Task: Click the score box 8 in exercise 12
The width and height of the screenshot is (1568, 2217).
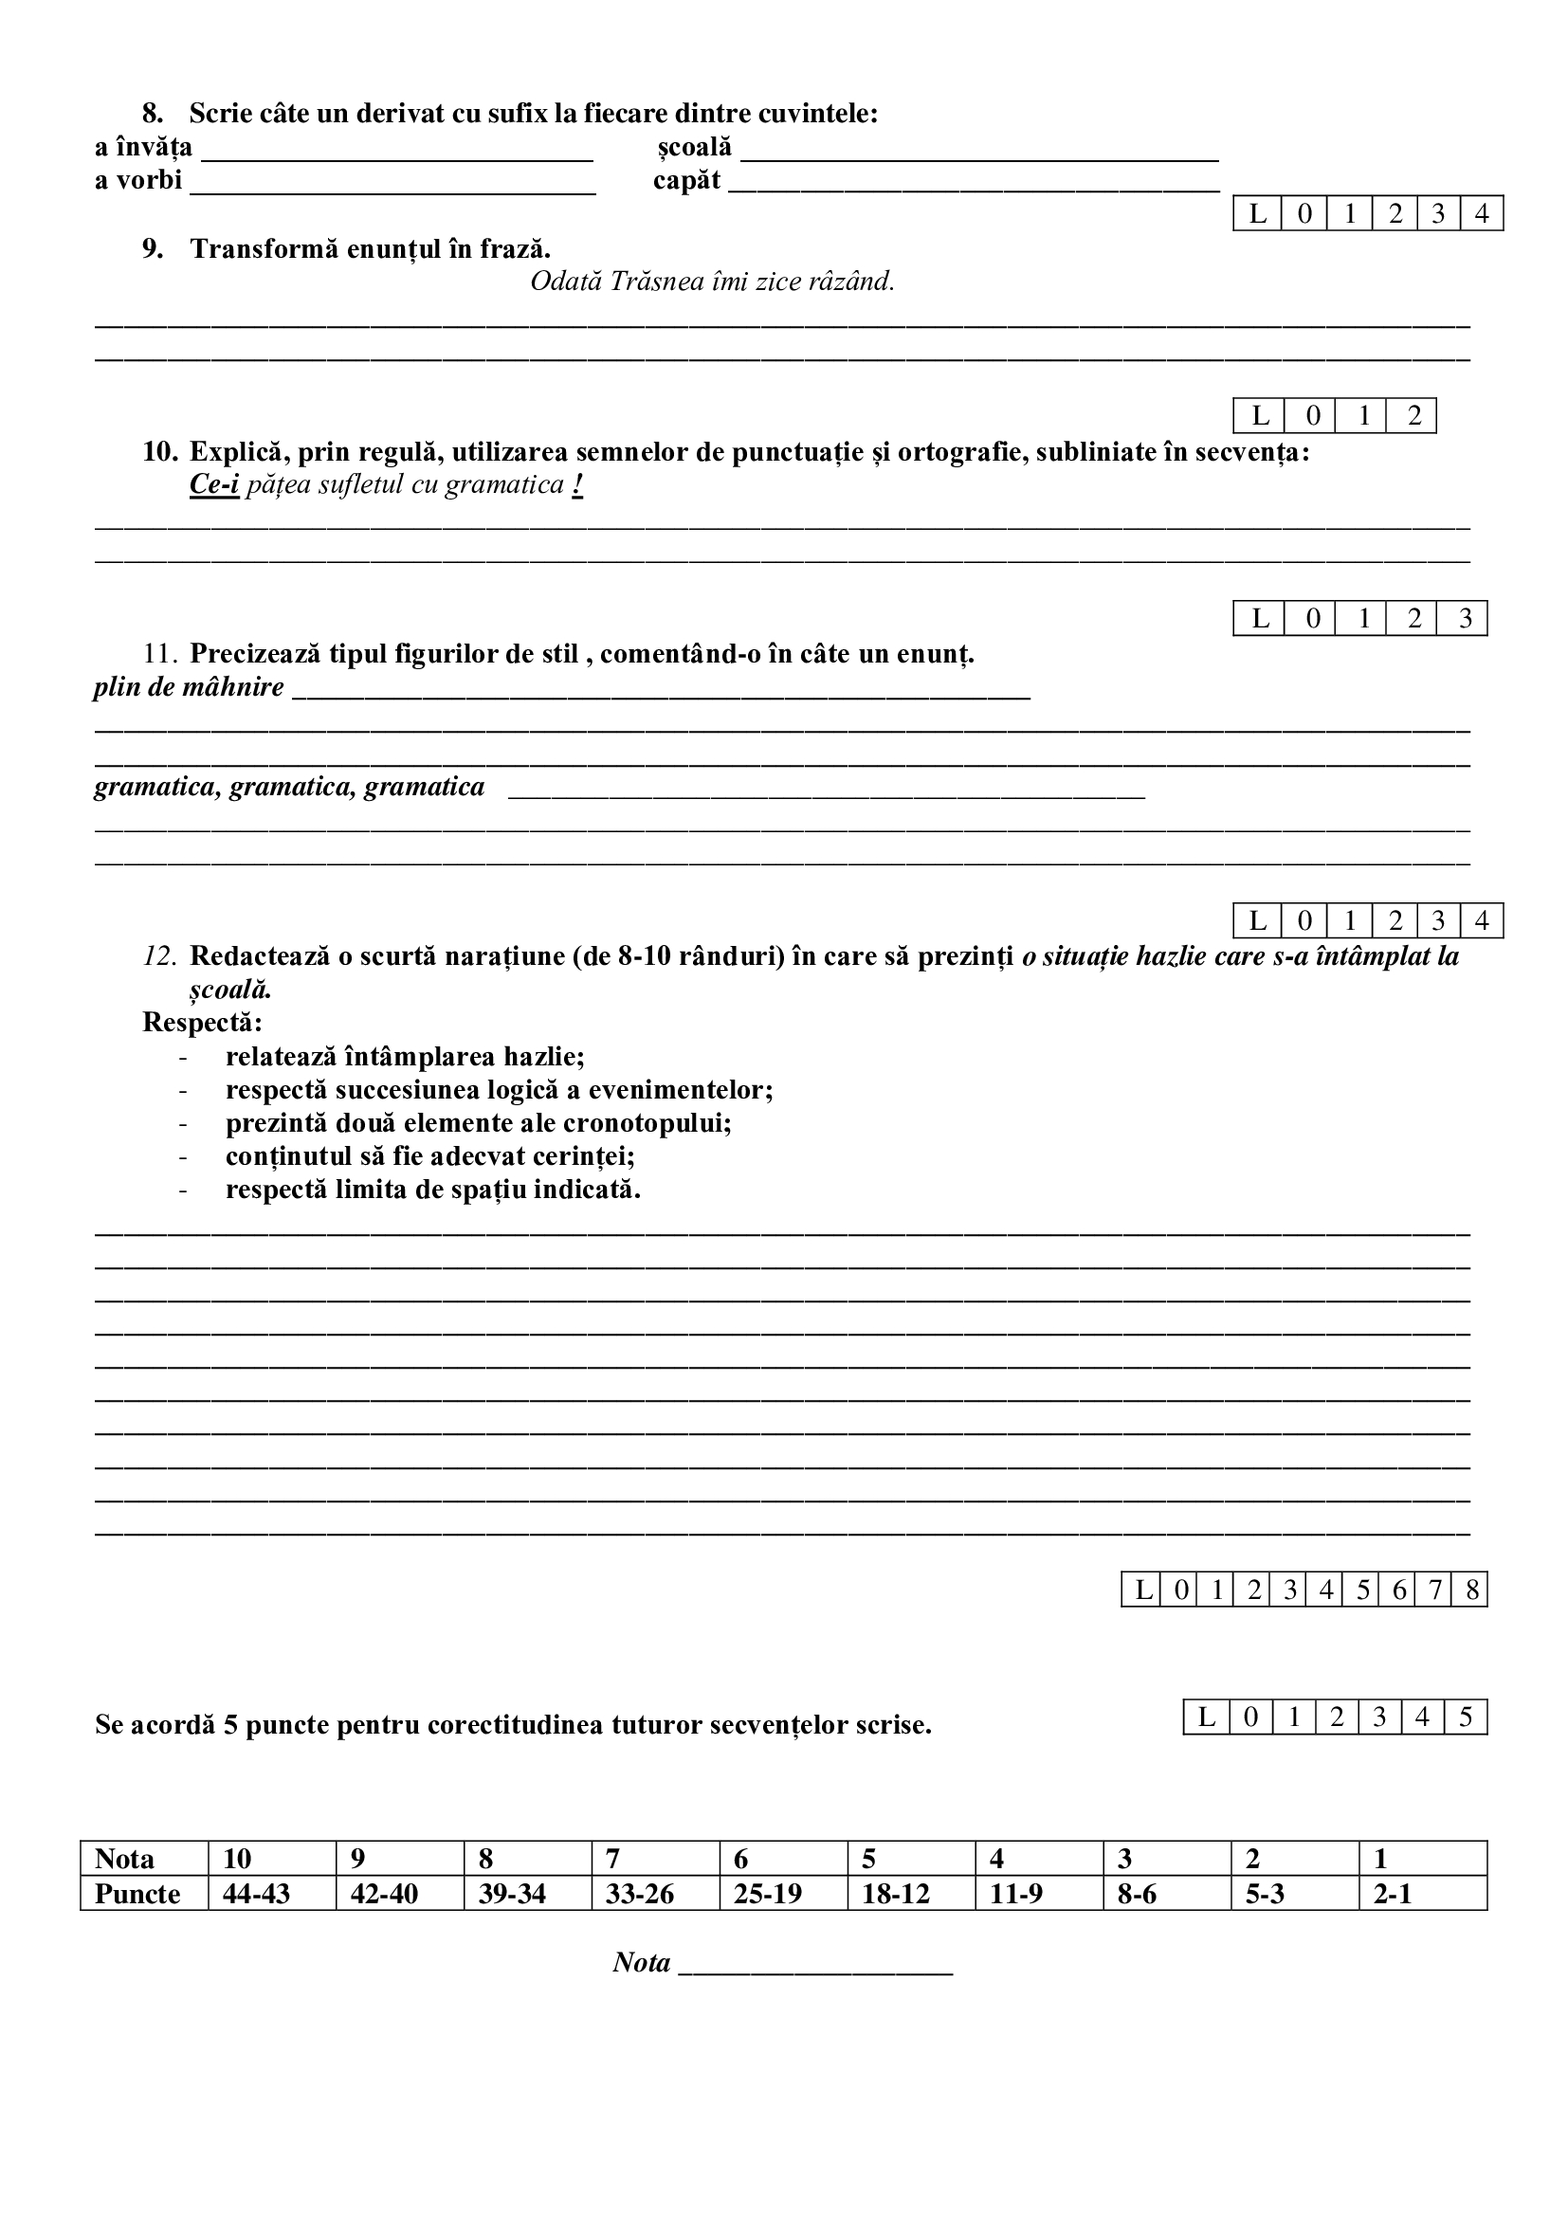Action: point(1471,1590)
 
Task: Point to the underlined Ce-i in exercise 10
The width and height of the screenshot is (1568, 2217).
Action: point(213,484)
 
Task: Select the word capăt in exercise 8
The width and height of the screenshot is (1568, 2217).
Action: point(686,181)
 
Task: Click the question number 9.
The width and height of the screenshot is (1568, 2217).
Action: point(153,249)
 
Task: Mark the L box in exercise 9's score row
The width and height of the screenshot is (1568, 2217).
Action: point(1259,416)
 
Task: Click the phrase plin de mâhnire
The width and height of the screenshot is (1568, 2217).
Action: point(190,687)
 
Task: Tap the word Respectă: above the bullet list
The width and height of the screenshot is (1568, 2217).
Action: point(202,1023)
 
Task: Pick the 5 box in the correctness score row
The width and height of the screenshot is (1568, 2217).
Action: point(1465,1717)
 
